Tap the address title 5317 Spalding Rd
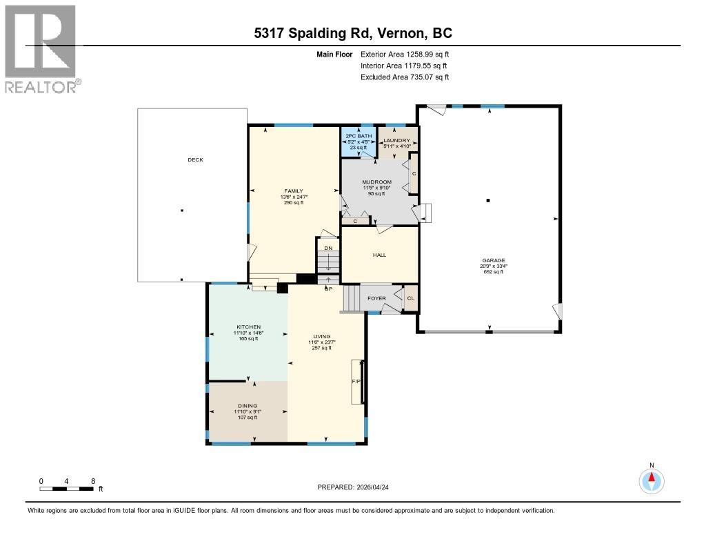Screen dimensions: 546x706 tap(352, 34)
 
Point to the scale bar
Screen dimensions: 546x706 tap(66, 489)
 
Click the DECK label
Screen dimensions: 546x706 tap(196, 159)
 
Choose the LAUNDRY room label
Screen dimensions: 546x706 tap(396, 140)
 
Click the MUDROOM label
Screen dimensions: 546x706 tap(377, 182)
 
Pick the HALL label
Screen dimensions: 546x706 tap(379, 255)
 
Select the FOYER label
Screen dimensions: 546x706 tap(376, 298)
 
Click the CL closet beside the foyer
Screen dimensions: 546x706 tap(411, 298)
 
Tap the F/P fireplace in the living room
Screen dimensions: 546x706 tap(356, 381)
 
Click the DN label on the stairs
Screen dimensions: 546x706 tap(328, 248)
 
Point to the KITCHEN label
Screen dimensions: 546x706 tap(248, 326)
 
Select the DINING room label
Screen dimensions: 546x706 tap(248, 406)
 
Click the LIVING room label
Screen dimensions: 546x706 tap(321, 337)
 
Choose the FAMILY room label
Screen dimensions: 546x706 tap(294, 191)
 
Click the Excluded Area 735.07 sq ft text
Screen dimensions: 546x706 tap(405, 77)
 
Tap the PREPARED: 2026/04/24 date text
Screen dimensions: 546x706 tap(358, 487)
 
